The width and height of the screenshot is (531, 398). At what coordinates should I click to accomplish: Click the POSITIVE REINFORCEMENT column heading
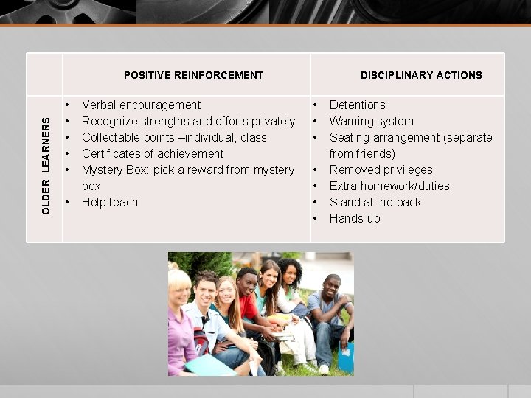[x=193, y=75]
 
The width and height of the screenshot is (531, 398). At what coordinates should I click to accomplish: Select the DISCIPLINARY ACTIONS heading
[x=421, y=75]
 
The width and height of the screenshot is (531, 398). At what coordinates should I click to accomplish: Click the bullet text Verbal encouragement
[x=141, y=105]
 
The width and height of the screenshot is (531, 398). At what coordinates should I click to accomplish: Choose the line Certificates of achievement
[x=153, y=153]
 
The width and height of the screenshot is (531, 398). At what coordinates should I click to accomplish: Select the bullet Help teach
[x=110, y=202]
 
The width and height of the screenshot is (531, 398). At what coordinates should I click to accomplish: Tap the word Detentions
[x=357, y=105]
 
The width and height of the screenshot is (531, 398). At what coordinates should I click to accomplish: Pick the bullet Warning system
[x=371, y=121]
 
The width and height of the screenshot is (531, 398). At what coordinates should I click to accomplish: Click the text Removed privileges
[x=381, y=170]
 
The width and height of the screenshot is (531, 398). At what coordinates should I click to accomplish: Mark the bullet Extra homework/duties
[x=389, y=186]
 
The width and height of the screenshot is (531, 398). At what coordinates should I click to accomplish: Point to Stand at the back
[x=375, y=202]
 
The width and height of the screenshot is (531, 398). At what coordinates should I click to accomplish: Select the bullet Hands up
[x=355, y=218]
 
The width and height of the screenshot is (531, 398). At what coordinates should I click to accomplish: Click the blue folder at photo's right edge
[x=346, y=358]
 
